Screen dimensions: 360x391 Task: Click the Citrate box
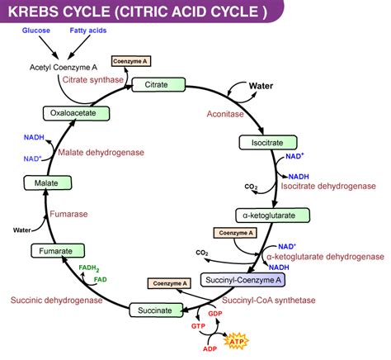(157, 85)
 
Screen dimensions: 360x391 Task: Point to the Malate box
(40, 182)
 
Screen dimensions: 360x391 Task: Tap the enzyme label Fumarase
(69, 213)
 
